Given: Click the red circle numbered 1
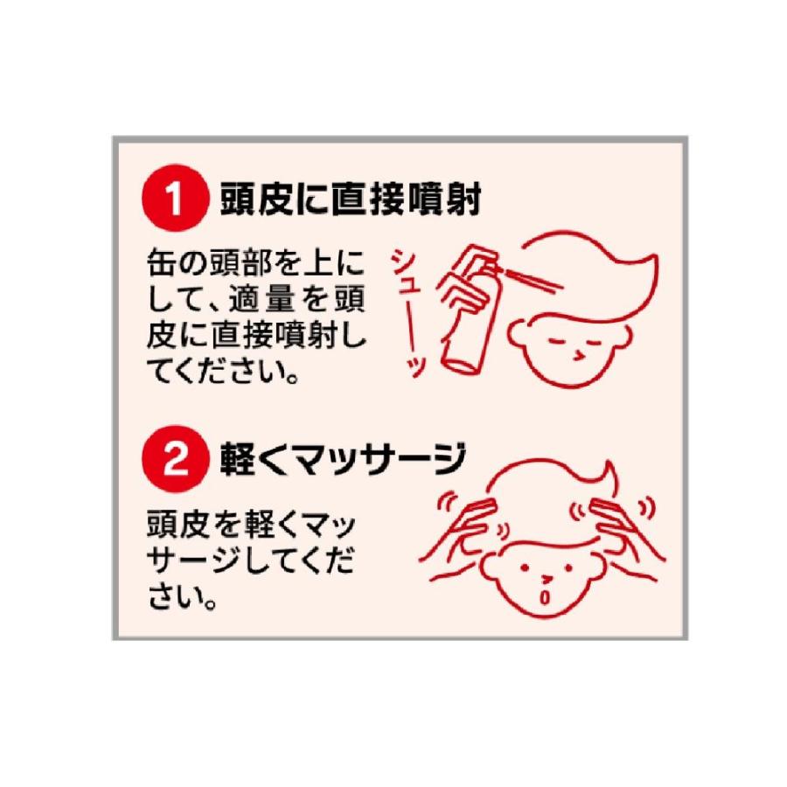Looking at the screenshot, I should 173,200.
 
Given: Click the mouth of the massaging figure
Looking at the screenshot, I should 547,597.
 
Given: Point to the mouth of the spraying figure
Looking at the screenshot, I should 576,354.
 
